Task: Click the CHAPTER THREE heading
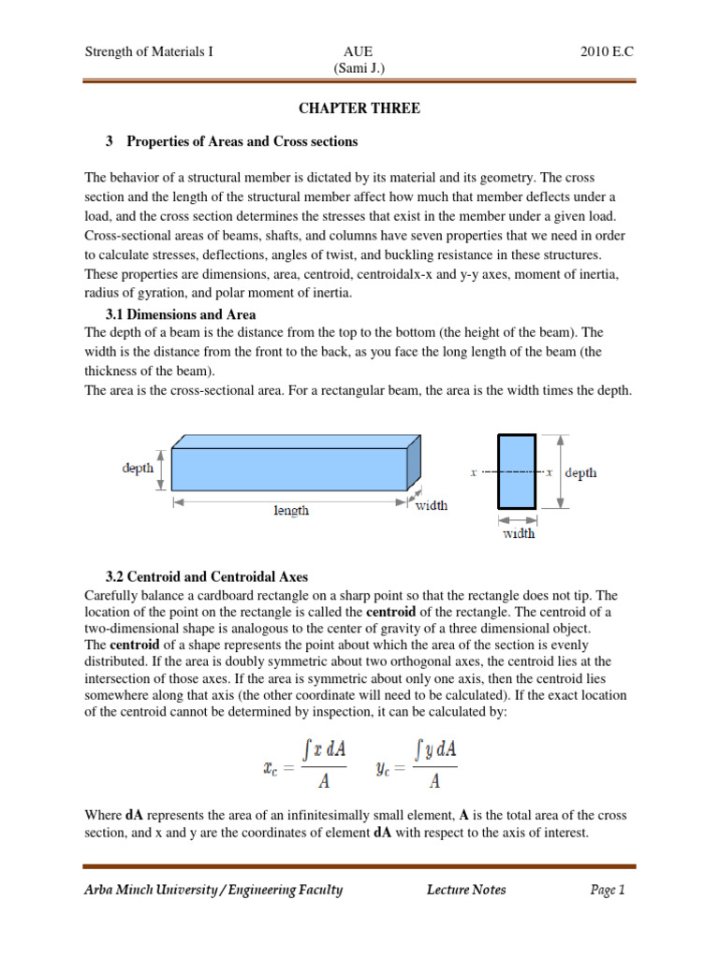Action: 359,109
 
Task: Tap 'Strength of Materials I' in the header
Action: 149,52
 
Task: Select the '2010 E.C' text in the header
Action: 607,52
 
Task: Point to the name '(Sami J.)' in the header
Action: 359,68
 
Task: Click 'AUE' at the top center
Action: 359,52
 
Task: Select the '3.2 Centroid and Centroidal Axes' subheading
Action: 208,577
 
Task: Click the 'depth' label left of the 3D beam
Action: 138,469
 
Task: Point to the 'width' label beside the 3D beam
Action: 431,505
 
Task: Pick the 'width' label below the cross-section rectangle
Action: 520,533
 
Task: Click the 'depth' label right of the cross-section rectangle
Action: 580,472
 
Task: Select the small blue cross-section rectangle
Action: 517,472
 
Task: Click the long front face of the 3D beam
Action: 288,471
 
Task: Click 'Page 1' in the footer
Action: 607,890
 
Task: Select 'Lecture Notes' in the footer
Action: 465,890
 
